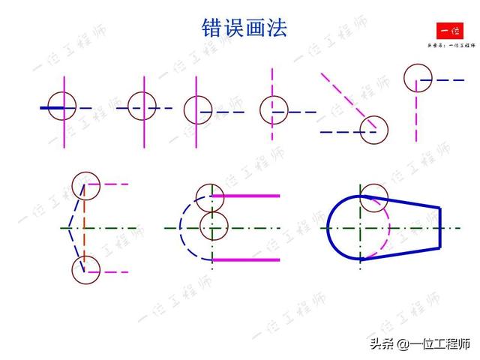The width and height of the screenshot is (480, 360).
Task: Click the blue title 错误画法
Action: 244,28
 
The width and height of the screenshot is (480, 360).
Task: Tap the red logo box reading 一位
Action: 451,31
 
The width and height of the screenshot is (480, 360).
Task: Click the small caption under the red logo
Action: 451,45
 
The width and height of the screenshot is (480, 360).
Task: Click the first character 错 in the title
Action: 213,28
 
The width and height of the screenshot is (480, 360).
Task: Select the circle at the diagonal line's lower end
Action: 373,130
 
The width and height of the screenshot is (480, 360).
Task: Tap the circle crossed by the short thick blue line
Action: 61,105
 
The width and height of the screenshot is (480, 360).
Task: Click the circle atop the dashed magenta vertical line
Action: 418,77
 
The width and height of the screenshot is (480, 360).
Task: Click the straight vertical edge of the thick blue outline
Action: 439,227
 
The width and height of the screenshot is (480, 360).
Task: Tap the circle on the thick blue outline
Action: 373,198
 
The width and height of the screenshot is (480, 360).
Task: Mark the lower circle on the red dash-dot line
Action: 86,270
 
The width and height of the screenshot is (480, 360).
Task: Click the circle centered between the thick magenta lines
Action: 214,224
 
